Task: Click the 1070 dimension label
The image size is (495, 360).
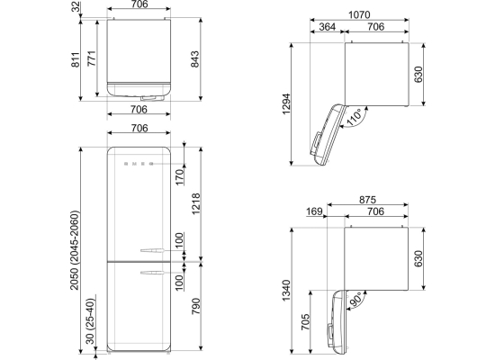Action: click(x=359, y=14)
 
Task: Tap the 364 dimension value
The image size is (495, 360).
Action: click(x=327, y=26)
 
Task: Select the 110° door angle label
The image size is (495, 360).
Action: click(x=355, y=117)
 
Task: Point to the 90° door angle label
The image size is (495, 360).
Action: click(x=355, y=300)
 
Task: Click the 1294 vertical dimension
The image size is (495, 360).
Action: click(x=286, y=103)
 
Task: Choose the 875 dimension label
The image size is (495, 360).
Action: click(x=367, y=200)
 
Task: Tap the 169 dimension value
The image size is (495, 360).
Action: click(x=314, y=211)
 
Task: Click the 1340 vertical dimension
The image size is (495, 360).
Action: click(x=286, y=290)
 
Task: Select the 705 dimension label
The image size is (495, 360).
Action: click(x=305, y=322)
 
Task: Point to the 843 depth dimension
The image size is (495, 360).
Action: click(x=194, y=59)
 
